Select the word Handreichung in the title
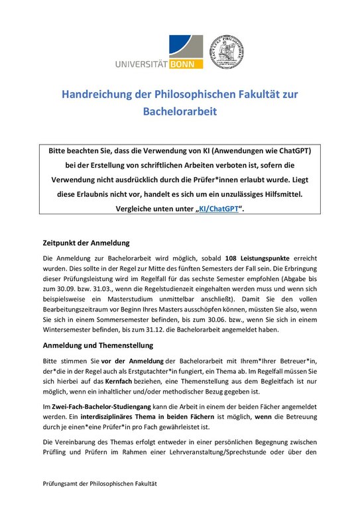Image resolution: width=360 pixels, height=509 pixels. point(101,95)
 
